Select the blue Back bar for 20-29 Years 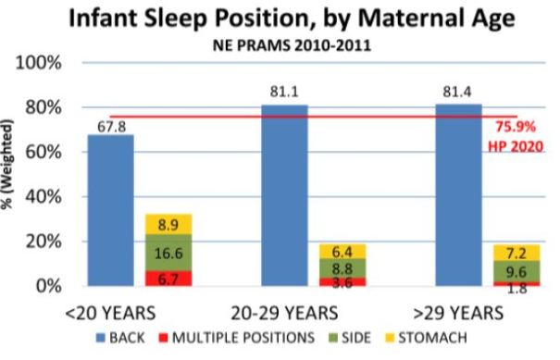pyautogui.click(x=284, y=195)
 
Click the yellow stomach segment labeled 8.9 pyautogui.click(x=168, y=224)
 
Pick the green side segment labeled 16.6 pyautogui.click(x=168, y=252)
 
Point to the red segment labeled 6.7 pyautogui.click(x=168, y=278)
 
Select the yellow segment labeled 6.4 pyautogui.click(x=342, y=251)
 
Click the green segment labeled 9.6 pyautogui.click(x=516, y=270)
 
